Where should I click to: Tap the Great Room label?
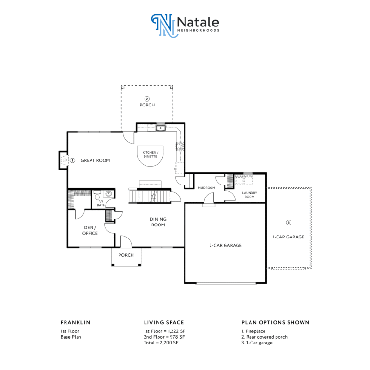coord(95,160)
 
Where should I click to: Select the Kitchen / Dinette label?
coord(150,154)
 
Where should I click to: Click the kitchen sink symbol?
coord(161,128)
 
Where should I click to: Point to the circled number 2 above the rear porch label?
coord(147,99)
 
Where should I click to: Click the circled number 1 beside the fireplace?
coord(72,160)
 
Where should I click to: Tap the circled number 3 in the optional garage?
coord(289,222)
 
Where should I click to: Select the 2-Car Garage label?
coord(225,245)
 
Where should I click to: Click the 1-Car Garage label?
coord(289,237)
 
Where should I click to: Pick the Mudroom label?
coord(207,188)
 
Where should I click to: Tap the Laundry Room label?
coord(250,195)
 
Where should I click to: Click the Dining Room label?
coord(158,222)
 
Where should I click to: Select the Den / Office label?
coord(90,231)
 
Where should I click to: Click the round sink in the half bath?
coord(108,194)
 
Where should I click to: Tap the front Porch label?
coord(126,255)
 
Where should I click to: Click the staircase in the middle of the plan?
coord(149,196)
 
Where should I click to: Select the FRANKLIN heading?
coord(75,323)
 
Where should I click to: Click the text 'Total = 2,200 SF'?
coord(161,343)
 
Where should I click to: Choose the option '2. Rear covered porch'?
coord(264,337)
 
